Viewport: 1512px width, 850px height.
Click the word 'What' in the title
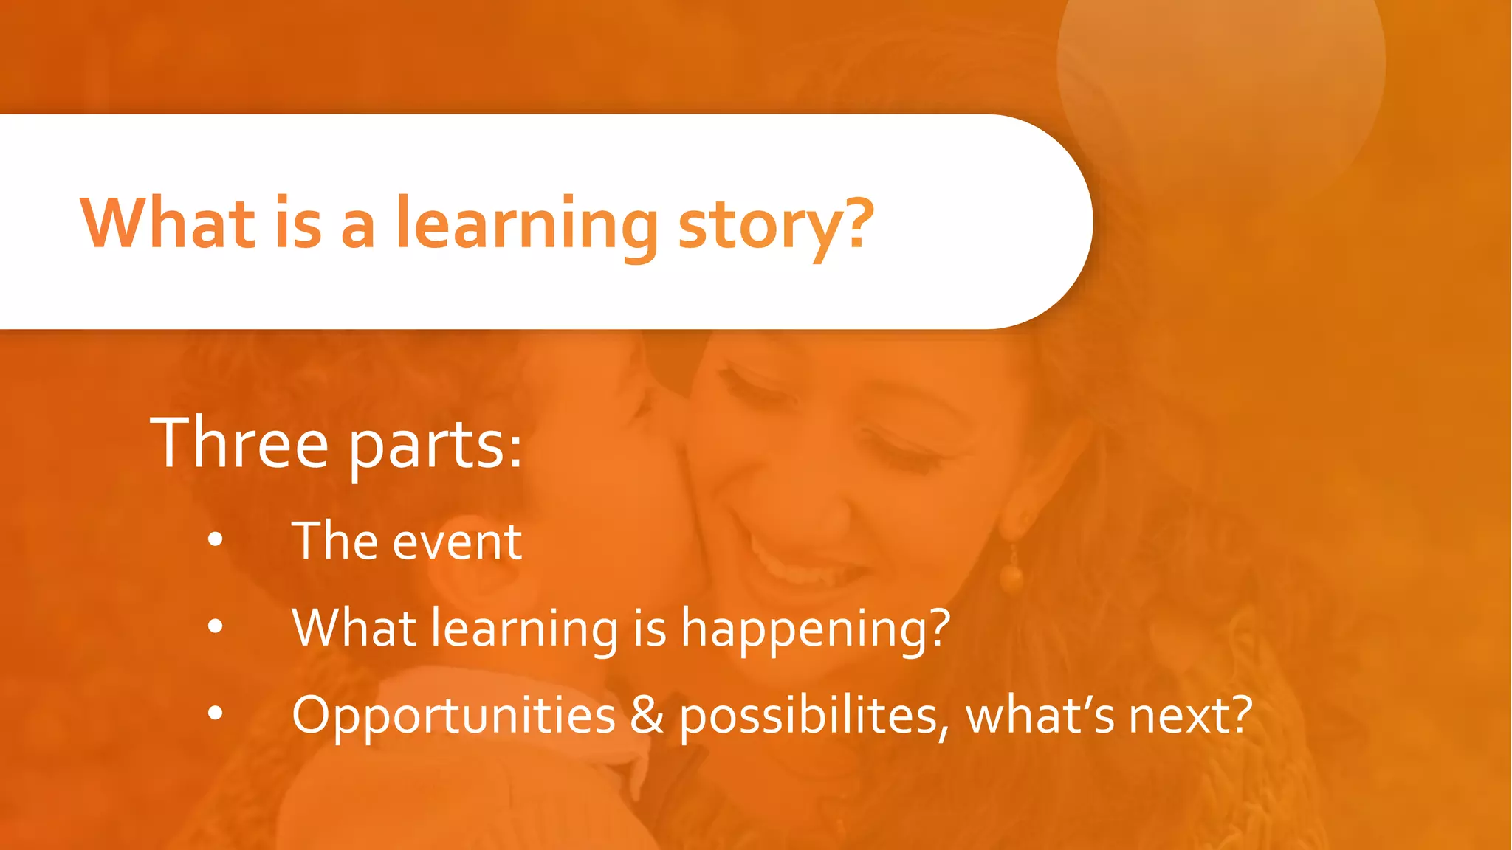click(168, 223)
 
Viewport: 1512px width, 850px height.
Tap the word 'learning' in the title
click(526, 225)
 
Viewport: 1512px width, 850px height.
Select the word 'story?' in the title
click(775, 225)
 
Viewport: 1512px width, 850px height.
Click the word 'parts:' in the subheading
click(435, 446)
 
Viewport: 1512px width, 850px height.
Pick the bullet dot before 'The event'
click(215, 541)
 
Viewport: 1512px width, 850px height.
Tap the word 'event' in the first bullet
click(457, 542)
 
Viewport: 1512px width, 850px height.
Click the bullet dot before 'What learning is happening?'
click(215, 627)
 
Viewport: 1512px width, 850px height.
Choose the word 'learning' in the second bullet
click(524, 629)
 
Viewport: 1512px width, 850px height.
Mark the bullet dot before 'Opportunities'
click(215, 713)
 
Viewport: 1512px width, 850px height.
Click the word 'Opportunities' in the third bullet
click(453, 716)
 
